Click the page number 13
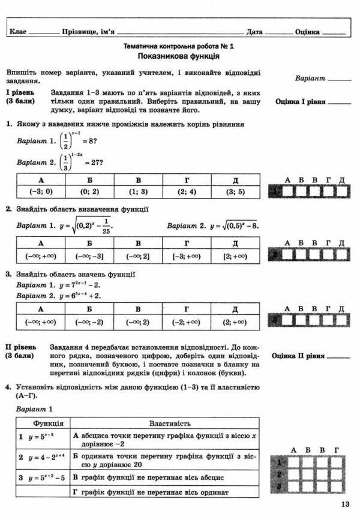tap(344, 504)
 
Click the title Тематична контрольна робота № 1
tap(178, 46)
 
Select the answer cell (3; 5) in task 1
tap(235, 193)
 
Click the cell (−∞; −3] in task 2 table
tap(89, 256)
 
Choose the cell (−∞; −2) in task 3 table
tap(89, 321)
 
